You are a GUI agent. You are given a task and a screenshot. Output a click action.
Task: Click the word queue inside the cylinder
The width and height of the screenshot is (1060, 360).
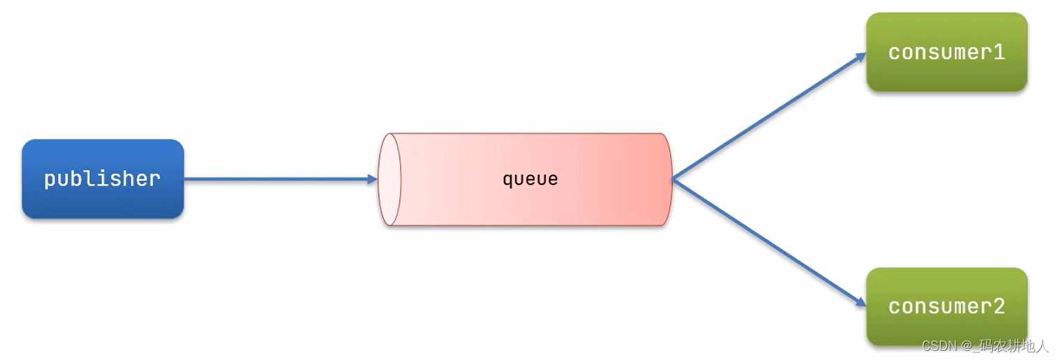click(530, 179)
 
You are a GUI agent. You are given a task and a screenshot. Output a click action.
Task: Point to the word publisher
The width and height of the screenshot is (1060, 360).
click(103, 179)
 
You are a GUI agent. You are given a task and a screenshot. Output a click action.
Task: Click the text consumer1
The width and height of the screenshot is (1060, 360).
click(946, 52)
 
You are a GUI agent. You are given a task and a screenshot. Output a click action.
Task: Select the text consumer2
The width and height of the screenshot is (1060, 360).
click(946, 306)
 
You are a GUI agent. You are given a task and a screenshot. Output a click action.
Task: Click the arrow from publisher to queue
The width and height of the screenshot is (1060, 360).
click(279, 179)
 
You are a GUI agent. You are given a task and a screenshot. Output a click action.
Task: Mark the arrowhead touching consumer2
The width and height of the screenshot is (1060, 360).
click(860, 302)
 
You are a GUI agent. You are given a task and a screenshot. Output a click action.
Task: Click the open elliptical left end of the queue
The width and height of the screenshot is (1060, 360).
click(389, 179)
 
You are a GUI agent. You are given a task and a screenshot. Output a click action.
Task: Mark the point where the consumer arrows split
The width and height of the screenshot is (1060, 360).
click(673, 179)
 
